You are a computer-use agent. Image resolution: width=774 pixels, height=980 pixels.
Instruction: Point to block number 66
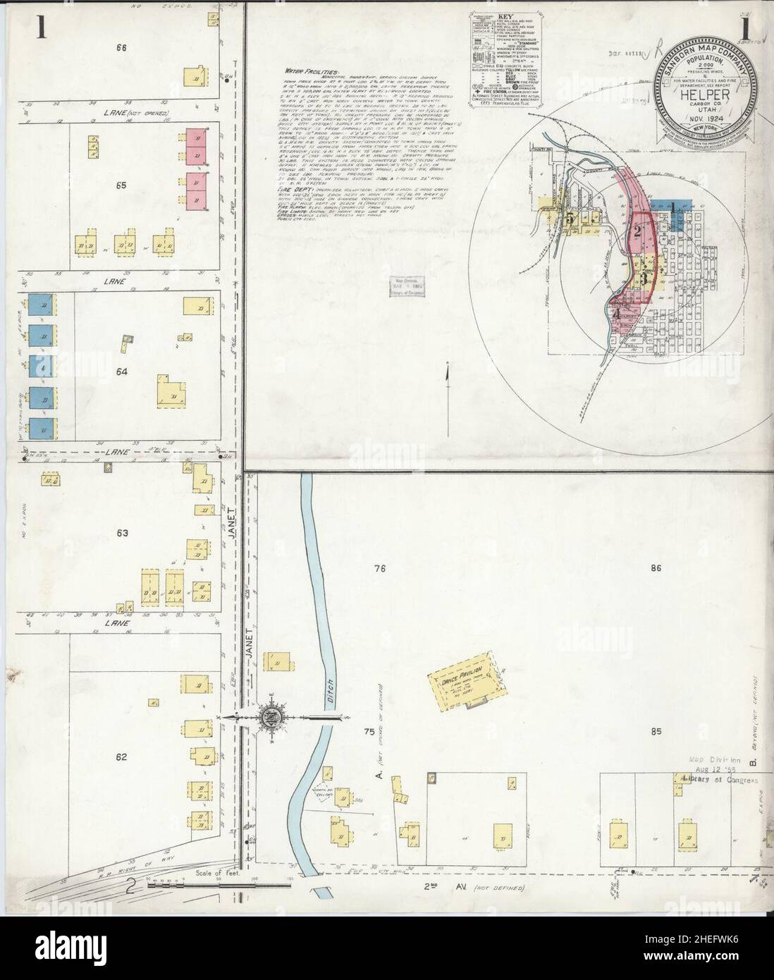[121, 48]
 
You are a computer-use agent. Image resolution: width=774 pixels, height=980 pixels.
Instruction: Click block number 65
[121, 185]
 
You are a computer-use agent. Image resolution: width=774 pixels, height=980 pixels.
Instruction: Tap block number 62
[121, 757]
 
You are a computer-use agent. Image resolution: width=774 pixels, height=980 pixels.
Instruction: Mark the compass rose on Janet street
[271, 718]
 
